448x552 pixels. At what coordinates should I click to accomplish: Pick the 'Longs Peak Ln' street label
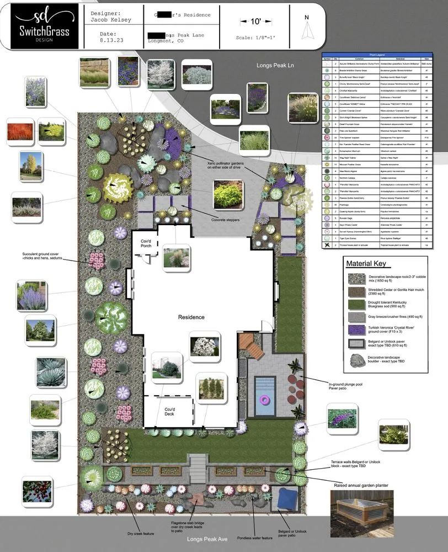pos(275,65)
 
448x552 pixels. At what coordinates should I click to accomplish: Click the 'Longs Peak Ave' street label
pos(210,539)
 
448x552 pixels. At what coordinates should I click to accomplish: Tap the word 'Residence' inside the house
pos(191,317)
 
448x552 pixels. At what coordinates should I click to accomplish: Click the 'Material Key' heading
pos(365,263)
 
